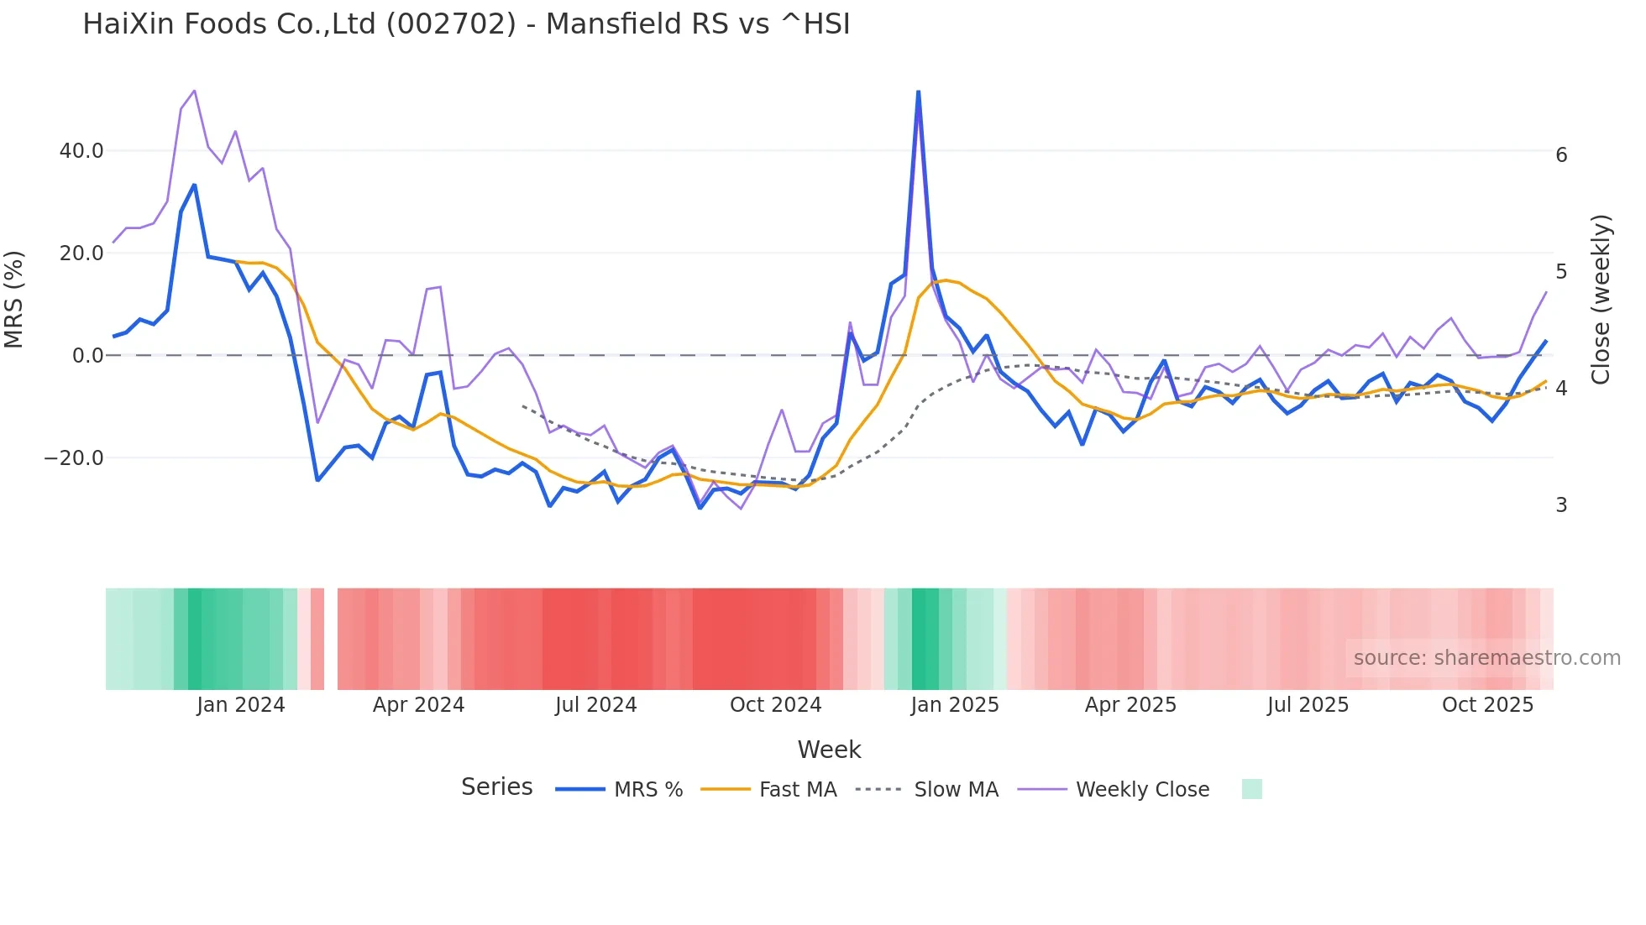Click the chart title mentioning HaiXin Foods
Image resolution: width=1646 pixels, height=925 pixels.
click(x=466, y=24)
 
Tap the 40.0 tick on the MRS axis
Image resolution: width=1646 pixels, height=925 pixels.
click(x=81, y=151)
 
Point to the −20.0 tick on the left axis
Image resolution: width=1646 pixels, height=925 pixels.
click(x=74, y=458)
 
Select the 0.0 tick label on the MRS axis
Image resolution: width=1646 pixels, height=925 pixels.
click(x=87, y=356)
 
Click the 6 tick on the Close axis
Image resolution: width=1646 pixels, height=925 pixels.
click(x=1561, y=155)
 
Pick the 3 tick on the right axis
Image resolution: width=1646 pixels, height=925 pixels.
click(x=1561, y=505)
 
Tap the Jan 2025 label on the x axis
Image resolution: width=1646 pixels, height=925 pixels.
click(x=955, y=705)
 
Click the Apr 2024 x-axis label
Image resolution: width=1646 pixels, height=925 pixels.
click(x=418, y=705)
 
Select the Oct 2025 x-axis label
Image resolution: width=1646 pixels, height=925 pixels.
click(x=1487, y=705)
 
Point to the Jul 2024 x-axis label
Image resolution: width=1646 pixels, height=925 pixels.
click(x=595, y=705)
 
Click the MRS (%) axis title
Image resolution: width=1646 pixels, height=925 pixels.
click(x=14, y=300)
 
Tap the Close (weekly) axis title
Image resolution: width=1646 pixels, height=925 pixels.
click(x=1601, y=300)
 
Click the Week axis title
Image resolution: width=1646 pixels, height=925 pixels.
click(x=829, y=750)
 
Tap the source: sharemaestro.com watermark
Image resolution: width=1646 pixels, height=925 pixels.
click(x=1486, y=658)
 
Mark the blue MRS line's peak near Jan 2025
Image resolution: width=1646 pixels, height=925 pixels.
click(x=918, y=91)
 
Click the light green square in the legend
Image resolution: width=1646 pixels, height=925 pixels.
click(x=1251, y=789)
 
